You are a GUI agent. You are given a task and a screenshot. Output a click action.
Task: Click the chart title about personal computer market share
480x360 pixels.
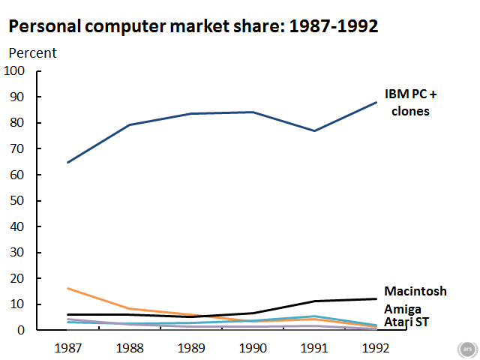click(193, 26)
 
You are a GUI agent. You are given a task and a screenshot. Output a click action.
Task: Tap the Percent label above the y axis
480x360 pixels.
click(32, 53)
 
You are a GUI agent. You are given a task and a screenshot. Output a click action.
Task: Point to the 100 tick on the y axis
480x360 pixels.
click(15, 71)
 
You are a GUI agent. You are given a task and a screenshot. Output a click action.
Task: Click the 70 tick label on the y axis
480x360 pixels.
click(18, 149)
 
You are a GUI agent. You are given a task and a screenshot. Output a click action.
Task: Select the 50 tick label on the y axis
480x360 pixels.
click(18, 201)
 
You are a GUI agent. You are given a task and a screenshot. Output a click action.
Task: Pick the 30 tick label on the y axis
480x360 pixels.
click(18, 253)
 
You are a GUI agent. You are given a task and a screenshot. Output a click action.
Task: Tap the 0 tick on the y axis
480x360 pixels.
click(22, 330)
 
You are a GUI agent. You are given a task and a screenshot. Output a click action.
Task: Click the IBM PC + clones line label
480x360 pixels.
click(410, 103)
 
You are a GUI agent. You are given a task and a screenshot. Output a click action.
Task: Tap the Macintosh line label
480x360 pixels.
click(415, 291)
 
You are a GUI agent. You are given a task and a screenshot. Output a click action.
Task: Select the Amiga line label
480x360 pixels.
click(403, 309)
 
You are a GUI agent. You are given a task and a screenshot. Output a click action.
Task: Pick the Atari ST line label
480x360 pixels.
click(406, 322)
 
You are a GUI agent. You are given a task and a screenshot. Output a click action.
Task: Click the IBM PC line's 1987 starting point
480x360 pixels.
click(68, 162)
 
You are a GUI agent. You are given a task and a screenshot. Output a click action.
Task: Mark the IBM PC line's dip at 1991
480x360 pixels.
click(313, 131)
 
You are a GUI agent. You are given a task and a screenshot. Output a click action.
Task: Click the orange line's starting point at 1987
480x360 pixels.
click(68, 288)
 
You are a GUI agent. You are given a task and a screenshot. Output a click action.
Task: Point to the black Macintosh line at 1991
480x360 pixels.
click(313, 301)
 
